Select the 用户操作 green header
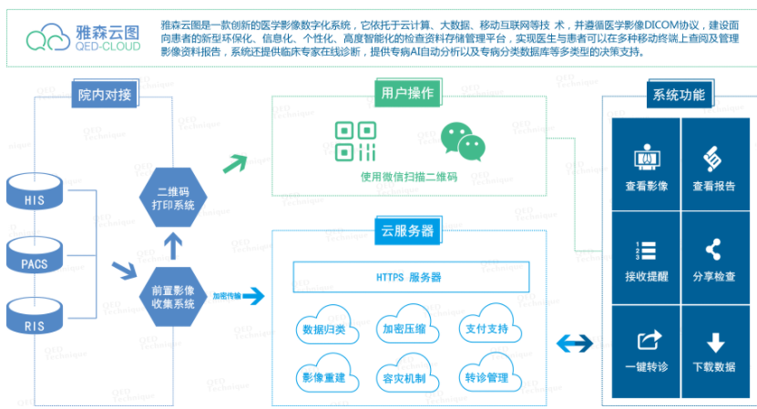[x=408, y=93]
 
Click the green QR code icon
[x=355, y=142]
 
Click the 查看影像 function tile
[x=646, y=169]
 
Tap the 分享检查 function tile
[x=714, y=260]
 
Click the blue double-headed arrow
[x=575, y=343]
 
